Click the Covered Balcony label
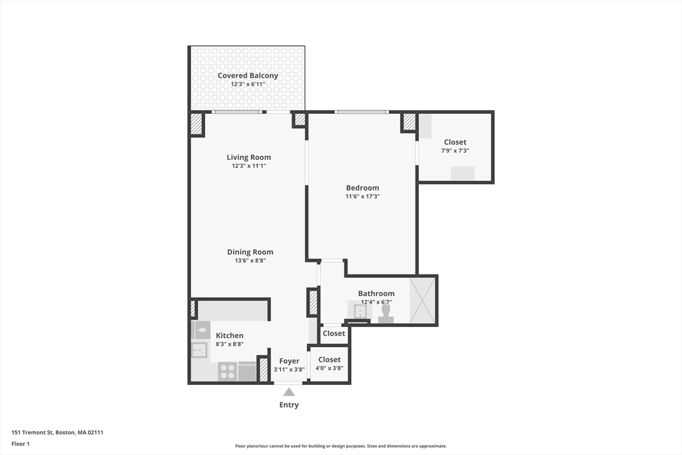point(248,76)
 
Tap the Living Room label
point(248,157)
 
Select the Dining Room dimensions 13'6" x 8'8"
point(250,261)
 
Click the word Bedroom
point(362,188)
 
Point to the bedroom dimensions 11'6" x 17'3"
point(362,197)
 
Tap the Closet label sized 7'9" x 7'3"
point(455,142)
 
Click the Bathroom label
point(376,293)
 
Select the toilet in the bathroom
point(386,314)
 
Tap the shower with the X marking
point(422,300)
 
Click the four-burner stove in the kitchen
point(228,371)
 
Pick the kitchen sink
point(199,350)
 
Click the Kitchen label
point(230,335)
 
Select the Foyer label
point(289,361)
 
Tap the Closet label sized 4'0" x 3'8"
point(329,360)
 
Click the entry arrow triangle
point(288,392)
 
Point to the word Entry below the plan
point(289,405)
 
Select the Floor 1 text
point(21,444)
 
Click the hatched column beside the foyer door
point(263,370)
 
